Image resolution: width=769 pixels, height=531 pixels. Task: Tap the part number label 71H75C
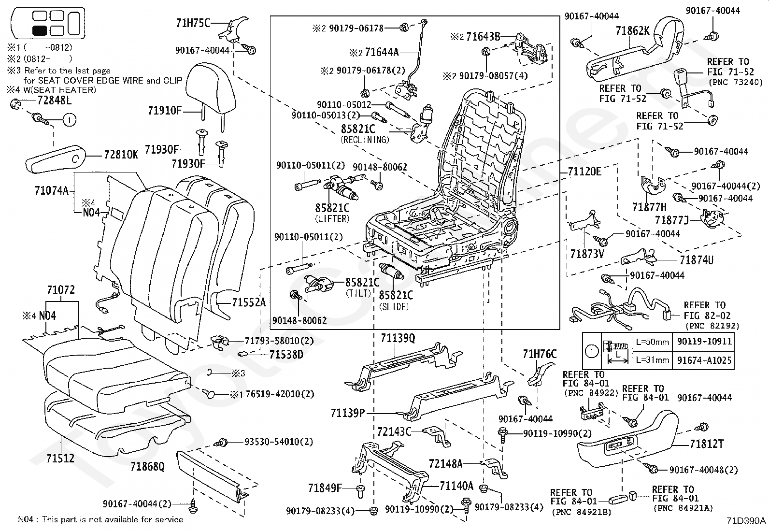(x=193, y=23)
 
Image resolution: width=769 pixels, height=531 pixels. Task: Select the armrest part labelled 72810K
(x=56, y=158)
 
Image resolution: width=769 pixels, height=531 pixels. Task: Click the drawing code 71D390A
(x=746, y=521)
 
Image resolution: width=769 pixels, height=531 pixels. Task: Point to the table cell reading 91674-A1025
(x=703, y=360)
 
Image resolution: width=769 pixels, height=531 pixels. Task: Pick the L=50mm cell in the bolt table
(x=652, y=342)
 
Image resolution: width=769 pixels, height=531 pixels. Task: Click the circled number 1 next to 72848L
(x=70, y=120)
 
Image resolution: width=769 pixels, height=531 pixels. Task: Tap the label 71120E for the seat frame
(x=584, y=172)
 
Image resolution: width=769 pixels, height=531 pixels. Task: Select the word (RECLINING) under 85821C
(x=365, y=140)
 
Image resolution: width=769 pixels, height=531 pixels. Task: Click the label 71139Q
(x=398, y=338)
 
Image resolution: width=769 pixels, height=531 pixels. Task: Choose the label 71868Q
(x=148, y=466)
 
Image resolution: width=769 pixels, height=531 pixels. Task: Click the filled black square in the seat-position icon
(x=40, y=30)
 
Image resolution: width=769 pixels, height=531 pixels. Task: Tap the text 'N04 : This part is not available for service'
(x=100, y=519)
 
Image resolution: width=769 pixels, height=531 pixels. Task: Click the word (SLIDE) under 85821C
(x=394, y=307)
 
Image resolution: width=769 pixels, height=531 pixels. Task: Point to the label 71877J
(x=671, y=220)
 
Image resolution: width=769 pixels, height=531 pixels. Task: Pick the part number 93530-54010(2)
(x=278, y=442)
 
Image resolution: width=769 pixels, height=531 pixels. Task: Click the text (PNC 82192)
(x=712, y=326)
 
